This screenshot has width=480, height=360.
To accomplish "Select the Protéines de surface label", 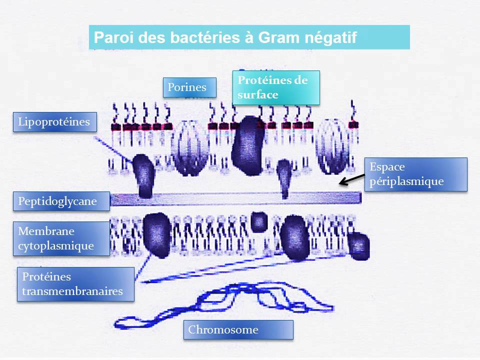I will [x=276, y=87].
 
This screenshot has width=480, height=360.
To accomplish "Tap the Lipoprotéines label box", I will [x=54, y=122].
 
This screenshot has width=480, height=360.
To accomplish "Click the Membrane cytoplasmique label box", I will [x=61, y=238].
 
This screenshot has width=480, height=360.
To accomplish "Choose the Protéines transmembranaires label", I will [x=75, y=284].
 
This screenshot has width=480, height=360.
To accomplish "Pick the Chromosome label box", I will [x=238, y=330].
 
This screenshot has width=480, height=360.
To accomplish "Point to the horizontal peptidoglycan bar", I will [x=235, y=198].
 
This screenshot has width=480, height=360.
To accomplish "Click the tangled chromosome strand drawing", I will [x=225, y=302].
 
